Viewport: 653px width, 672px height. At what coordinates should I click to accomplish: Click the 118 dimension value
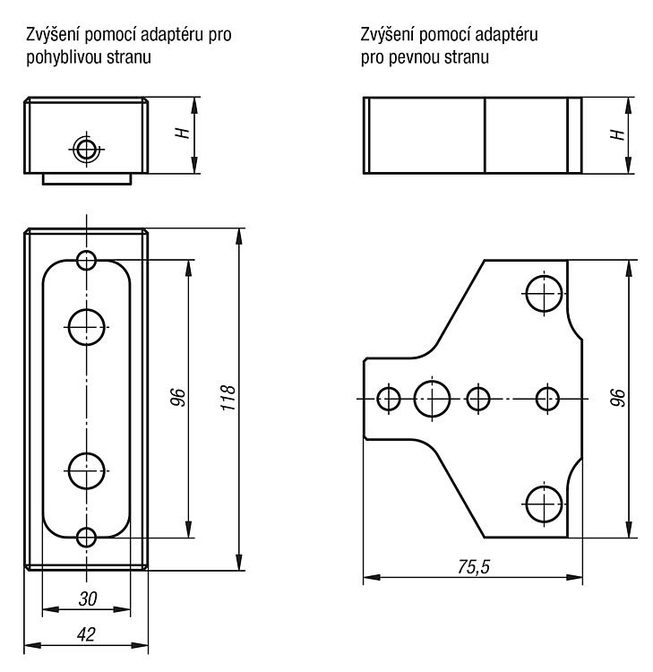228,398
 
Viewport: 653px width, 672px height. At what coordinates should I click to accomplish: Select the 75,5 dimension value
474,567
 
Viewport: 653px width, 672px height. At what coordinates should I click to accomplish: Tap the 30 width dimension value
88,599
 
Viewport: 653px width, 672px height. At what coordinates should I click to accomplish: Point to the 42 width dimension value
86,634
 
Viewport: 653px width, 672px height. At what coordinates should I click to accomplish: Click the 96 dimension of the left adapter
178,397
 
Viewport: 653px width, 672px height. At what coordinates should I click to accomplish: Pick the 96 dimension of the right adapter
618,398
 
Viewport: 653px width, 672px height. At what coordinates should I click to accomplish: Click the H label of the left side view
183,133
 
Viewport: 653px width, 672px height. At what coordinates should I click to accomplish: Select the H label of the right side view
617,134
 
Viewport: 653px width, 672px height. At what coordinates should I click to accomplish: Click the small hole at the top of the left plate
87,260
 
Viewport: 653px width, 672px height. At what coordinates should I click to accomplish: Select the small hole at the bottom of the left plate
87,538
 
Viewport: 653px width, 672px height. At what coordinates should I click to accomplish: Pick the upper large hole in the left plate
87,327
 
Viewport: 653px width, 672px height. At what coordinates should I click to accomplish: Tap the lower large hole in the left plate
87,470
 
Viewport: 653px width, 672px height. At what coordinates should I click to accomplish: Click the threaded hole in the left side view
86,150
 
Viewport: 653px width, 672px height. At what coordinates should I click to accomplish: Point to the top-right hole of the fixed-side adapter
544,294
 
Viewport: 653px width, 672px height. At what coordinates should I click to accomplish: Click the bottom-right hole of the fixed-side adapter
544,504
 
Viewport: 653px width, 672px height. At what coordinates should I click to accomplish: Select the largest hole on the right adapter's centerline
432,399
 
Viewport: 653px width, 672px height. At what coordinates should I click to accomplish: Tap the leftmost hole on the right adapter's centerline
389,399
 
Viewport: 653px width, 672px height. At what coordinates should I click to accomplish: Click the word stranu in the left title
129,57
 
